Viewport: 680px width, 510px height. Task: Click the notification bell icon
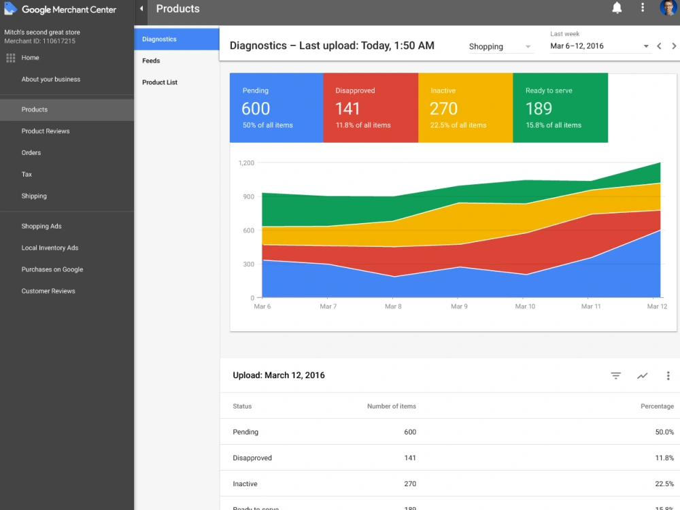click(617, 7)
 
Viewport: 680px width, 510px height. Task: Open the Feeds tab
click(151, 61)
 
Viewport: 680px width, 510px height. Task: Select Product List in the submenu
click(160, 82)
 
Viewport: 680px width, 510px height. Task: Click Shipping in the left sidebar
click(34, 196)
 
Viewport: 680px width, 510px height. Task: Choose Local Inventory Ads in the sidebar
click(50, 248)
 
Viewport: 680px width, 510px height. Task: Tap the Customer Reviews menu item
click(48, 291)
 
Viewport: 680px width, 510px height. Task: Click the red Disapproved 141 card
click(371, 107)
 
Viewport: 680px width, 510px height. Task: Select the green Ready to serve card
click(560, 107)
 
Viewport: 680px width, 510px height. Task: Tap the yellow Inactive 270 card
click(465, 107)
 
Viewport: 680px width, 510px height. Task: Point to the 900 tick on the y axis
click(248, 197)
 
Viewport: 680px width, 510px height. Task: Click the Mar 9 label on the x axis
click(459, 306)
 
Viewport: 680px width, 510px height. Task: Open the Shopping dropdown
click(500, 46)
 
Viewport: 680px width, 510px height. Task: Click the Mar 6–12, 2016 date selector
click(599, 46)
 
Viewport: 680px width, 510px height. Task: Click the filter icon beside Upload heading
click(616, 375)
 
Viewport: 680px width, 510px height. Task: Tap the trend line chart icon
click(643, 375)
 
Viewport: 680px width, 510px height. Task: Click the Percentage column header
click(657, 407)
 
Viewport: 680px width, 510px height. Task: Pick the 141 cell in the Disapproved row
click(410, 458)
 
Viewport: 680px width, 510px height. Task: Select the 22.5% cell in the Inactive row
click(664, 484)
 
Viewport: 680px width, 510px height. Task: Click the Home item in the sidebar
click(31, 58)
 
